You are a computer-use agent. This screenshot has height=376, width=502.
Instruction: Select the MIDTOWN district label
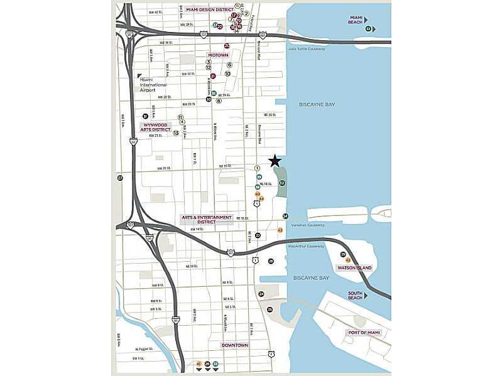coord(218,55)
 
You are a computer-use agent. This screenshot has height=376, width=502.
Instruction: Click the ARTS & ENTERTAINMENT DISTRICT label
coord(207,220)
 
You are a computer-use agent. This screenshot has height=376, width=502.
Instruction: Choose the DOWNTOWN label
coord(234,345)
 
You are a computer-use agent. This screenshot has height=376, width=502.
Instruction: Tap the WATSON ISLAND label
coord(355,268)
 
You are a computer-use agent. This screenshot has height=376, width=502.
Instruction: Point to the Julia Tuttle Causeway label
coord(306,48)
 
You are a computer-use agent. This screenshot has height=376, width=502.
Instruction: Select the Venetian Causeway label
coord(307,225)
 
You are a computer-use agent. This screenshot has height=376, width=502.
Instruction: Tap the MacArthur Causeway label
coord(307,246)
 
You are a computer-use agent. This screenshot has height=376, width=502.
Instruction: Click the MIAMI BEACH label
coord(356,21)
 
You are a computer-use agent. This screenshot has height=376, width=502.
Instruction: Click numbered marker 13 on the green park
coord(282,183)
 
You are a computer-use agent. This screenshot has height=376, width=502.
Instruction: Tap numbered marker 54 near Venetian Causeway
coord(285,216)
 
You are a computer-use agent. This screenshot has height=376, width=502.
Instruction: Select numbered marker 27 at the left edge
coord(120,178)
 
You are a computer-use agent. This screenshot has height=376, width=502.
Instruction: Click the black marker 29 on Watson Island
coord(343,254)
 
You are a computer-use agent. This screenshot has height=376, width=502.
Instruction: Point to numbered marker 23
coord(258,235)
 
